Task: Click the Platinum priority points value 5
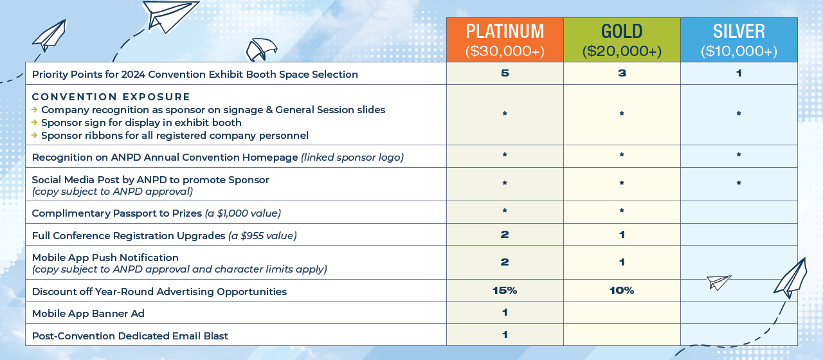(505, 73)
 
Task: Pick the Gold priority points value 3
(622, 73)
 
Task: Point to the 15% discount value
(505, 291)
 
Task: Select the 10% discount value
(622, 291)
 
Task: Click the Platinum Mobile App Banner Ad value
(505, 312)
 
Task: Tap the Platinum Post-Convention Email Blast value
(505, 335)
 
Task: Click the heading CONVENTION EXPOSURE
(111, 97)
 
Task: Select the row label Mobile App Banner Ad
(88, 313)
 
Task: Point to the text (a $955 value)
(262, 235)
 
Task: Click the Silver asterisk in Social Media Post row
(739, 183)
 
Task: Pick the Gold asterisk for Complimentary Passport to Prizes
(622, 211)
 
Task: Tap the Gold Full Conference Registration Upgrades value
(622, 235)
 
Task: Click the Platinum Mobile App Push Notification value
(505, 262)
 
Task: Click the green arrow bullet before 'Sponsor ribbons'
(35, 135)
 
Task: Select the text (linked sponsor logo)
(352, 157)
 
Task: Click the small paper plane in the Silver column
(718, 282)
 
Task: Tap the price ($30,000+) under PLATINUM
(505, 51)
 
